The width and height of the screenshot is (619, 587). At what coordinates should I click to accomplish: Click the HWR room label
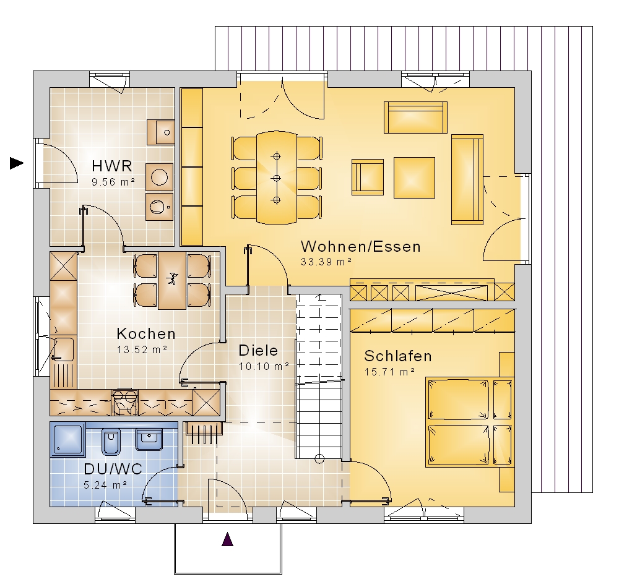click(111, 166)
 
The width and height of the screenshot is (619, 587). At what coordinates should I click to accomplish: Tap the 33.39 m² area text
click(326, 262)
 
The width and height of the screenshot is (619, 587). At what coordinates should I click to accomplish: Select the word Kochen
click(146, 334)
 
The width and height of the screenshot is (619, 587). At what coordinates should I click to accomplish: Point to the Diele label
click(258, 350)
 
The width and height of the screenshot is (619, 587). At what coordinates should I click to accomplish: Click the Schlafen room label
click(398, 356)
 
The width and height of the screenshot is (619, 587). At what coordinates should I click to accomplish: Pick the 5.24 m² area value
click(105, 484)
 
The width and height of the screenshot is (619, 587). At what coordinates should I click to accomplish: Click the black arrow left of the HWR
click(17, 163)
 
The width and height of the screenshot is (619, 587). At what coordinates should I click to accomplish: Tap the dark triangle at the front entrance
click(227, 539)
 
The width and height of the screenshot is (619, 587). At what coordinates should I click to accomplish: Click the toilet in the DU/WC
click(111, 442)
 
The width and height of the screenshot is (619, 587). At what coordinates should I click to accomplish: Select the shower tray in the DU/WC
click(68, 439)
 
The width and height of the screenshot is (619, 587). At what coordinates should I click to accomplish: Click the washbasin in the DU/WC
click(149, 439)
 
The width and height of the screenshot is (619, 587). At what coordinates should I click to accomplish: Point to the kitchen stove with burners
click(125, 403)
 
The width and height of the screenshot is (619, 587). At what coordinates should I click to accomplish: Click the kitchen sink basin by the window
click(64, 349)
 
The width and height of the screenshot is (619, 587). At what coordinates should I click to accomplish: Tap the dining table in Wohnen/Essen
click(276, 178)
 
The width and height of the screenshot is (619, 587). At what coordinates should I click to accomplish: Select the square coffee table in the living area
click(414, 178)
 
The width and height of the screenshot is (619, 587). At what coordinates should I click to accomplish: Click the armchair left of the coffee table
click(368, 177)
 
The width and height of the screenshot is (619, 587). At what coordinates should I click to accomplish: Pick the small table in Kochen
click(171, 280)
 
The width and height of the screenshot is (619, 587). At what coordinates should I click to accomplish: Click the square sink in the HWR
click(161, 132)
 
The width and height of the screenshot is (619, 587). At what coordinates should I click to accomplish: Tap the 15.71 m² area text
click(389, 372)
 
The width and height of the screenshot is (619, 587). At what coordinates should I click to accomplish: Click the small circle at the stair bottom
click(319, 459)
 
